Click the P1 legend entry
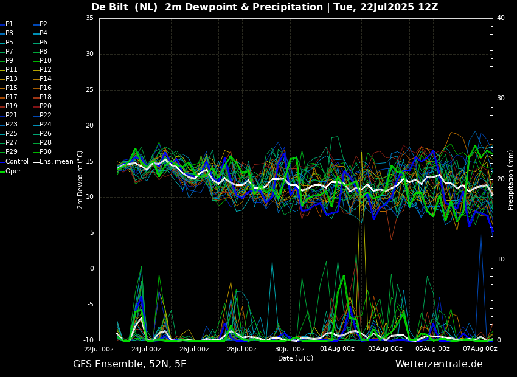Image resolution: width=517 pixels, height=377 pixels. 7,24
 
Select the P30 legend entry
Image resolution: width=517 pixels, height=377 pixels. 43,151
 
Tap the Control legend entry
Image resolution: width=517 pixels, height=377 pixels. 15,162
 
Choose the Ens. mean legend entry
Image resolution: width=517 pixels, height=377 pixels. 54,162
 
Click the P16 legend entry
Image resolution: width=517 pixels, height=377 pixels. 43,88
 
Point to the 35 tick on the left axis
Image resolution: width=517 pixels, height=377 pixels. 89,18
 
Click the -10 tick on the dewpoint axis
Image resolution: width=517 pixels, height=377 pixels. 88,341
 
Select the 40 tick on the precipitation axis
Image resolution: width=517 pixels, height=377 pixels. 501,18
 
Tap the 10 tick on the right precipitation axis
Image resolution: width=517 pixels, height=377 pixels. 501,260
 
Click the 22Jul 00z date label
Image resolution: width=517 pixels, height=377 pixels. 99,349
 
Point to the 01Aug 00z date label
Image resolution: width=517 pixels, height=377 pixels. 338,349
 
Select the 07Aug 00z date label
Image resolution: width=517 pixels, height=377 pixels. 481,349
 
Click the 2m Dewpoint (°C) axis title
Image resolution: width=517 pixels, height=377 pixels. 80,179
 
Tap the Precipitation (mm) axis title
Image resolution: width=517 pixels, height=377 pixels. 510,179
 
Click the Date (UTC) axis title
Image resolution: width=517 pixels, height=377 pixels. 296,358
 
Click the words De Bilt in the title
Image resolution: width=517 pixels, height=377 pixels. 110,7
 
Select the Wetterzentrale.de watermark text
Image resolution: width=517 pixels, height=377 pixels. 439,364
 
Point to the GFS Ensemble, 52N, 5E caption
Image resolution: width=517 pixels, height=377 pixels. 130,364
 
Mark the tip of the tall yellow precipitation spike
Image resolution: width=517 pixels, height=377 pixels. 361,152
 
